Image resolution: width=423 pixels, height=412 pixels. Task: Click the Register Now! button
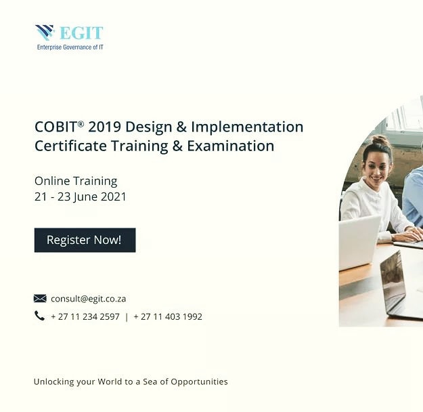(x=85, y=240)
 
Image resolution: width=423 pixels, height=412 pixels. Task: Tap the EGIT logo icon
(x=45, y=33)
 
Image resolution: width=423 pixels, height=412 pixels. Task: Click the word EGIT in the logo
(x=81, y=33)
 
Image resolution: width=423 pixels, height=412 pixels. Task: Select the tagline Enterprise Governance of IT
(x=70, y=47)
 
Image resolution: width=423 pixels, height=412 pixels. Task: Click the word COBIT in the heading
(x=55, y=127)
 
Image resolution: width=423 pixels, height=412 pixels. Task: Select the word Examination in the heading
(x=232, y=146)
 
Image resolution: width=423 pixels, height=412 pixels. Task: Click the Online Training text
(x=76, y=181)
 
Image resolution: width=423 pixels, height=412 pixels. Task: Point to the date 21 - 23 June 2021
(x=81, y=197)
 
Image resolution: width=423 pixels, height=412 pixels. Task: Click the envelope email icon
(x=40, y=298)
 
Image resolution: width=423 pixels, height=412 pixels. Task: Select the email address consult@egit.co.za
(x=89, y=298)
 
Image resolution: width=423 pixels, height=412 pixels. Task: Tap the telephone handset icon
(x=39, y=316)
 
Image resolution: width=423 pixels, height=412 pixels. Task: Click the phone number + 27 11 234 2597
(x=85, y=316)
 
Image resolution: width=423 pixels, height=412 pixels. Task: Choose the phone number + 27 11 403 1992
(x=168, y=316)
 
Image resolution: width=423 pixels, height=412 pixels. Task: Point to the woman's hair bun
(x=380, y=141)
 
